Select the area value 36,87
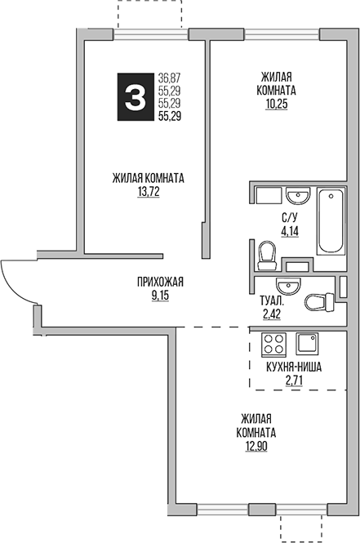tap(170, 78)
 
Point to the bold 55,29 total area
tap(170, 117)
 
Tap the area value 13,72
tap(148, 193)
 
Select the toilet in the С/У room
tap(264, 256)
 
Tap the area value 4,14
tap(289, 231)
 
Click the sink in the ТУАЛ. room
tap(288, 286)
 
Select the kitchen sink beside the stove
tap(308, 343)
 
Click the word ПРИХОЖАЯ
tap(160, 283)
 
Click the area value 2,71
tap(294, 381)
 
